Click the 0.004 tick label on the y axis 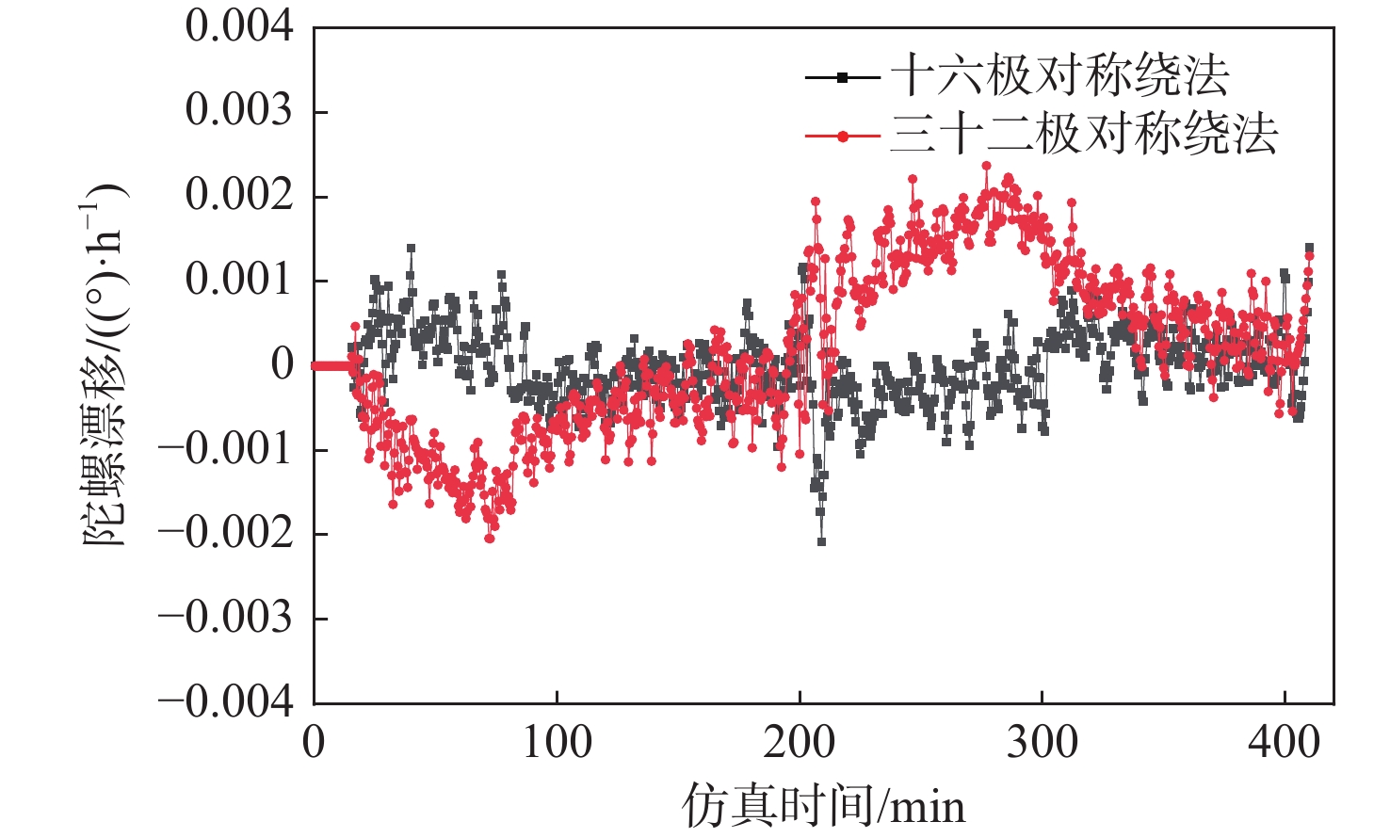pos(239,26)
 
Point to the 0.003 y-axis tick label pos(239,111)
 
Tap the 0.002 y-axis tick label pos(239,195)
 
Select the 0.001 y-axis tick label pos(239,280)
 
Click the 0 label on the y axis pos(283,364)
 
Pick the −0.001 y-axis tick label pos(226,449)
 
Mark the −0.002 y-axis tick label pos(226,534)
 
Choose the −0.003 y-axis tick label pos(226,618)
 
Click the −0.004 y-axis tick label pos(226,702)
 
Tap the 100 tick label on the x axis pos(557,743)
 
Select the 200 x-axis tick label pos(799,743)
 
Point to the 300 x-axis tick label pos(1042,743)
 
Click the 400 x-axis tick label pos(1285,743)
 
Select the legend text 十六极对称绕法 pos(1059,75)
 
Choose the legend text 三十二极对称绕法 pos(1084,134)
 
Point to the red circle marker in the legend pos(843,137)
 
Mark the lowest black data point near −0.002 pos(821,542)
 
